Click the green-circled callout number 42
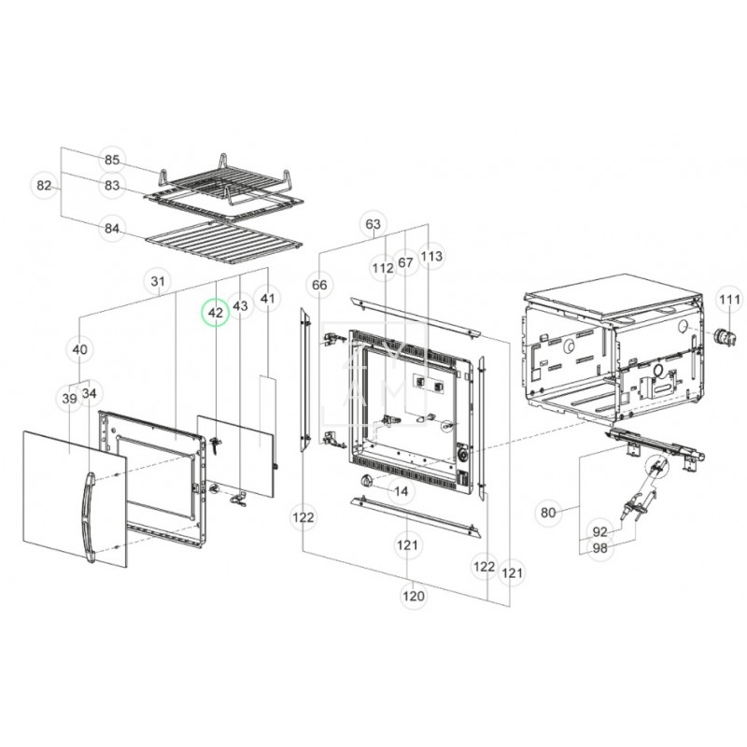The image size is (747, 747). pyautogui.click(x=216, y=313)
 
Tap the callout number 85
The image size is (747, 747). pyautogui.click(x=112, y=160)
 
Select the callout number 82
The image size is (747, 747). pyautogui.click(x=44, y=185)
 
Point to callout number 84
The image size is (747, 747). pyautogui.click(x=112, y=229)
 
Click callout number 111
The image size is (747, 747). pyautogui.click(x=730, y=300)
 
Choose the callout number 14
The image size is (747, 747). pyautogui.click(x=402, y=491)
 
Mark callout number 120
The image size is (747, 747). pyautogui.click(x=414, y=596)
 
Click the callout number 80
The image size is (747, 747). pyautogui.click(x=548, y=513)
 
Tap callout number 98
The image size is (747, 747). pyautogui.click(x=600, y=548)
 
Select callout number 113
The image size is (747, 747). pyautogui.click(x=431, y=256)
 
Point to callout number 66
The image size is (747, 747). pyautogui.click(x=319, y=285)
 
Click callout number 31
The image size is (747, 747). pyautogui.click(x=158, y=282)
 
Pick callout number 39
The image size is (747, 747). pyautogui.click(x=69, y=399)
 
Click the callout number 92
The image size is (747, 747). pyautogui.click(x=600, y=531)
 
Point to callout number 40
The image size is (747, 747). pyautogui.click(x=80, y=349)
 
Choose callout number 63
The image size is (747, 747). pyautogui.click(x=373, y=224)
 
